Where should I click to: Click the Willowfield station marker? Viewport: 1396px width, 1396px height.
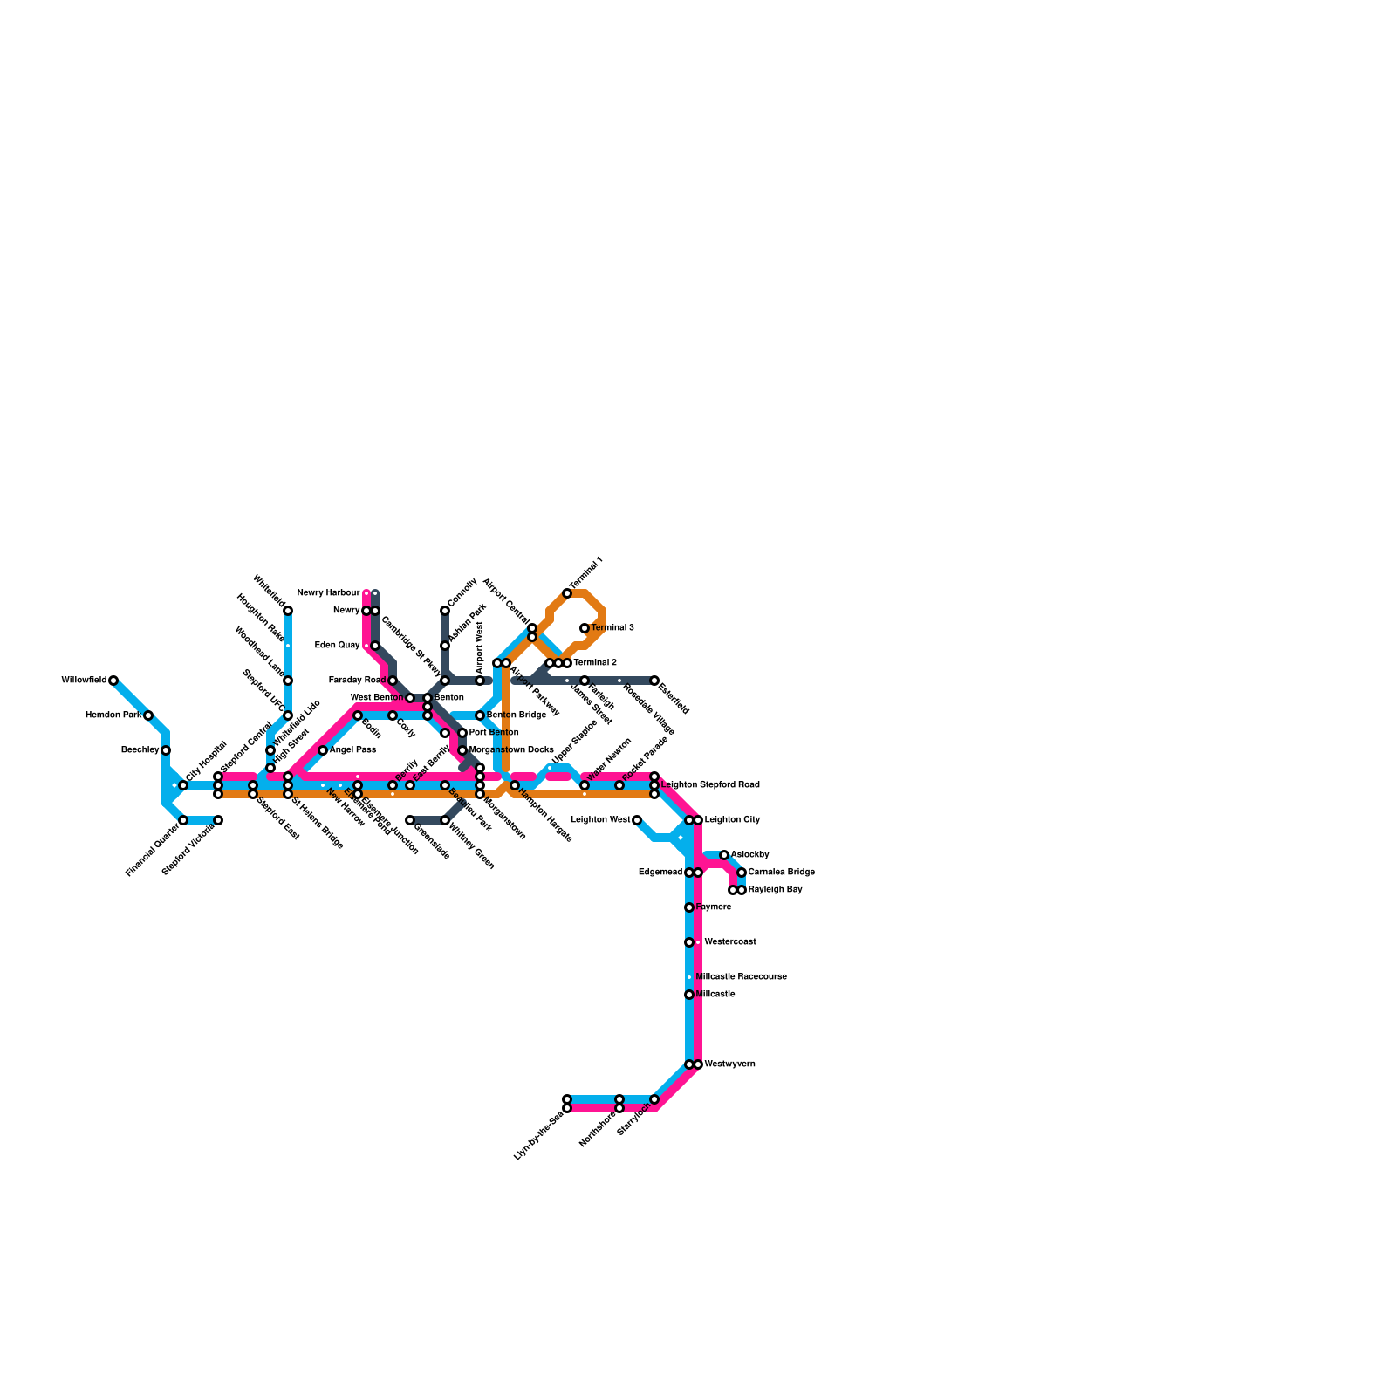pyautogui.click(x=113, y=681)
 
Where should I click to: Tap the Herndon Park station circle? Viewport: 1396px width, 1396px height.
pyautogui.click(x=148, y=715)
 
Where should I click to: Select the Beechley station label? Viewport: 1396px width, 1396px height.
pyautogui.click(x=140, y=750)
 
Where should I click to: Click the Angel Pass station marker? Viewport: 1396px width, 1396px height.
pyautogui.click(x=323, y=750)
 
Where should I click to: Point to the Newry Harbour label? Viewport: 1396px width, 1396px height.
pyautogui.click(x=328, y=593)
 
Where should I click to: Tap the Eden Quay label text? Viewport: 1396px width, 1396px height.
pyautogui.click(x=337, y=646)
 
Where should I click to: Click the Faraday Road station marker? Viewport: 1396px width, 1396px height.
pyautogui.click(x=393, y=681)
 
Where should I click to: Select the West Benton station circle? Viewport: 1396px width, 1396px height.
pyautogui.click(x=410, y=698)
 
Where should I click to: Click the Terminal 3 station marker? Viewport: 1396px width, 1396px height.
pyautogui.click(x=585, y=628)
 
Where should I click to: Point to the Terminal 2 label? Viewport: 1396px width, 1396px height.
pyautogui.click(x=595, y=663)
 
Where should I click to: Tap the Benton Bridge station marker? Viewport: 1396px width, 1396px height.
pyautogui.click(x=480, y=715)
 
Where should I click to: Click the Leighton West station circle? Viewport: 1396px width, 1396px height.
pyautogui.click(x=637, y=820)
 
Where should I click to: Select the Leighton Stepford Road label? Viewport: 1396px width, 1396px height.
pyautogui.click(x=710, y=785)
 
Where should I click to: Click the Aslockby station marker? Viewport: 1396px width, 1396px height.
pyautogui.click(x=724, y=855)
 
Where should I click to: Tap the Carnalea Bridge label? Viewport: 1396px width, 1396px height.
pyautogui.click(x=781, y=872)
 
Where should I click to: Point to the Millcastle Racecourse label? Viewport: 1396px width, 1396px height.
pyautogui.click(x=741, y=977)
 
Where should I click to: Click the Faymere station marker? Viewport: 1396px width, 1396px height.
pyautogui.click(x=689, y=907)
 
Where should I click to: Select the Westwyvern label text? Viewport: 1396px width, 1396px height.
pyautogui.click(x=729, y=1064)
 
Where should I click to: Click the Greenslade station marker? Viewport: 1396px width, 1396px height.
pyautogui.click(x=410, y=820)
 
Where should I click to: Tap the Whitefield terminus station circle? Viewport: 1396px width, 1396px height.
pyautogui.click(x=288, y=611)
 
